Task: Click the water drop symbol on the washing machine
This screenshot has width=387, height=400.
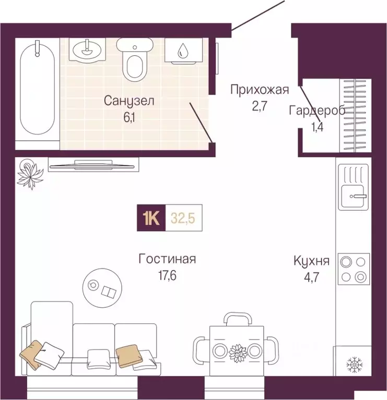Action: (x=183, y=51)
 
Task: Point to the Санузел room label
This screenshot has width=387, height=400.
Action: (x=128, y=101)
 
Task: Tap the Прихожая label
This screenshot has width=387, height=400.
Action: (x=260, y=90)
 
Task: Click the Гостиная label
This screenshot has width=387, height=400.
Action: (x=167, y=259)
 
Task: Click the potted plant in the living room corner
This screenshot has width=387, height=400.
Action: (x=30, y=173)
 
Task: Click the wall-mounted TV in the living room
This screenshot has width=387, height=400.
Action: (x=94, y=165)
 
